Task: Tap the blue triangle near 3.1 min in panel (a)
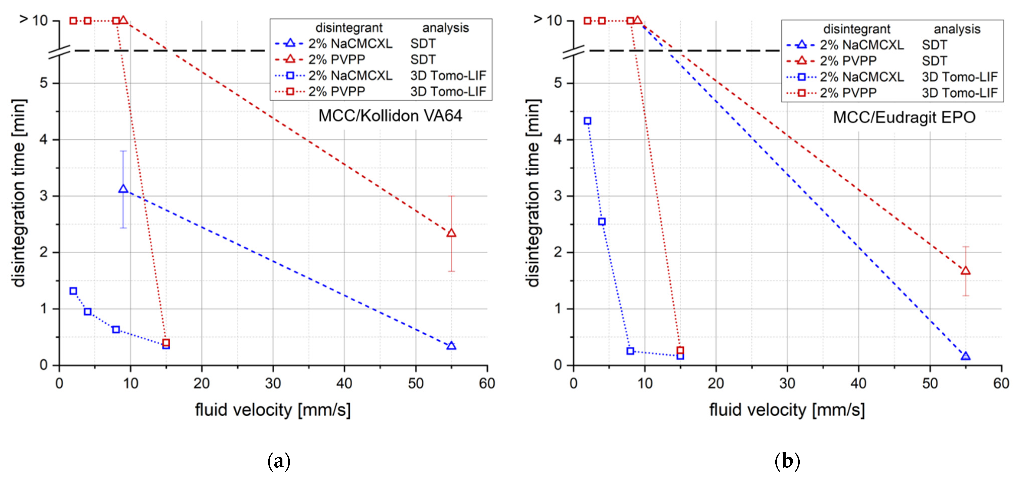coord(123,189)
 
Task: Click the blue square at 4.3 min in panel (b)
coord(587,121)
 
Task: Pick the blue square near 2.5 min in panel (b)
coord(602,222)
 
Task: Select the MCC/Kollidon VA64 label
coord(390,116)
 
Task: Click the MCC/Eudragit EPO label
coord(904,117)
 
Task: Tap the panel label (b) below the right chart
coord(787,461)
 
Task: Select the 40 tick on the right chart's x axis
coord(859,383)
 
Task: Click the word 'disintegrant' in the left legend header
coord(349,28)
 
